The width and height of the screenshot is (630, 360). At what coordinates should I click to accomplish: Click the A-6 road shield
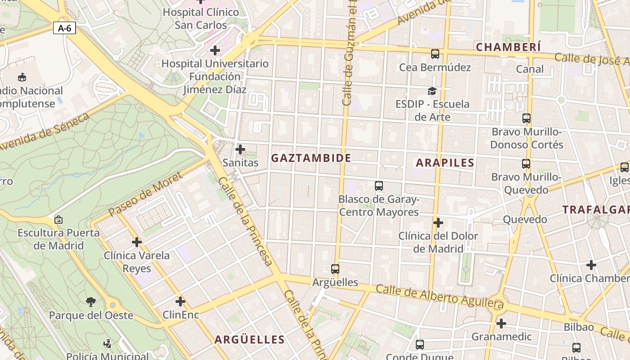pyautogui.click(x=64, y=28)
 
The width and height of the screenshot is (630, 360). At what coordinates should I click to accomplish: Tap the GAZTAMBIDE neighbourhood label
pyautogui.click(x=311, y=158)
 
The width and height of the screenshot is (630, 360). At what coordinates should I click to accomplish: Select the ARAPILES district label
pyautogui.click(x=445, y=163)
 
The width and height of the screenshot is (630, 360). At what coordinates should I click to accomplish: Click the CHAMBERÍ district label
pyautogui.click(x=508, y=47)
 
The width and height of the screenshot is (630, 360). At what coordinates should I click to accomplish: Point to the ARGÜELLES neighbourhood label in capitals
pyautogui.click(x=249, y=340)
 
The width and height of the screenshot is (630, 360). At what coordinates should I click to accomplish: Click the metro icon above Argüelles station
pyautogui.click(x=335, y=269)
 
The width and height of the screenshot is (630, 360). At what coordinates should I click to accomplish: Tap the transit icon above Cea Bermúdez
pyautogui.click(x=435, y=54)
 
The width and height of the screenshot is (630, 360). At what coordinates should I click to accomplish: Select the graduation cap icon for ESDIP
pyautogui.click(x=432, y=91)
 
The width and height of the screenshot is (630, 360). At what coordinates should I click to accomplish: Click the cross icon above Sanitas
pyautogui.click(x=240, y=149)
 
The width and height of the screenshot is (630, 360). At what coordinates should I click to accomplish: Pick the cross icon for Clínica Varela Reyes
pyautogui.click(x=137, y=242)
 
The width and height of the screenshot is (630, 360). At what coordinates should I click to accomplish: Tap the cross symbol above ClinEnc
pyautogui.click(x=180, y=301)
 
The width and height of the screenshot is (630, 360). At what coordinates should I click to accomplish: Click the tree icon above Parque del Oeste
pyautogui.click(x=91, y=301)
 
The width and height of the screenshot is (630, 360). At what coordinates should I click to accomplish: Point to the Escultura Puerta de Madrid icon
pyautogui.click(x=58, y=220)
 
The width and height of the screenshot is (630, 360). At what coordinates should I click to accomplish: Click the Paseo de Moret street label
pyautogui.click(x=145, y=194)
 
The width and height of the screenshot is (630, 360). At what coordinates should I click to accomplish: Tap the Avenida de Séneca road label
pyautogui.click(x=45, y=132)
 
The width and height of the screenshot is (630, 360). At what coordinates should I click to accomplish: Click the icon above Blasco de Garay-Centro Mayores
pyautogui.click(x=379, y=185)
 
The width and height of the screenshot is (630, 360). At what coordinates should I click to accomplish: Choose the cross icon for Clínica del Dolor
pyautogui.click(x=438, y=222)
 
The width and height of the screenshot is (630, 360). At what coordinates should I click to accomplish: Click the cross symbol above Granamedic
pyautogui.click(x=501, y=323)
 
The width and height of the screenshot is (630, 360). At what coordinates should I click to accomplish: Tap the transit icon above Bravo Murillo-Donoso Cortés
pyautogui.click(x=526, y=118)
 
